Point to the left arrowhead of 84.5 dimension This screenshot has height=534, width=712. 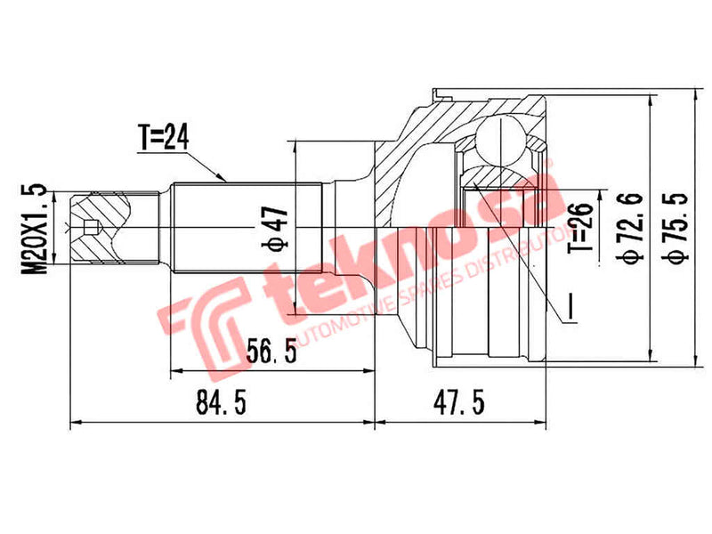click(x=73, y=423)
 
